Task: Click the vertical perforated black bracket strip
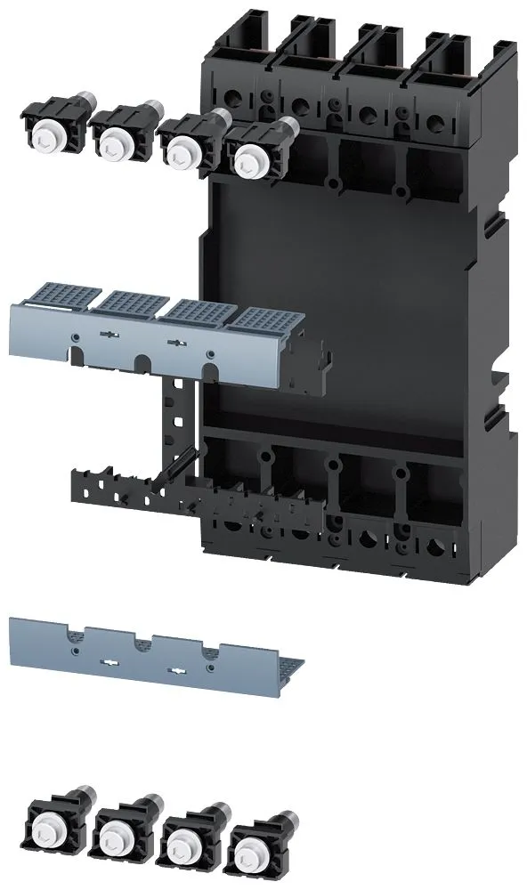point(174,418)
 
